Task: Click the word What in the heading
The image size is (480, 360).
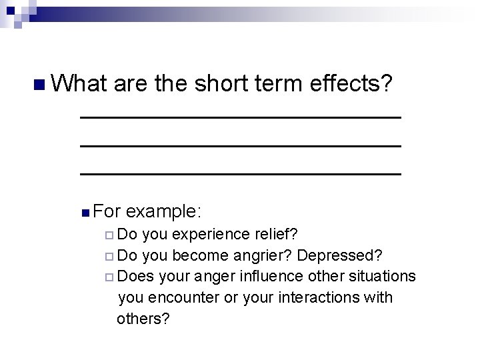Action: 79,84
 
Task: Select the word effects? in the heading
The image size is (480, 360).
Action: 351,84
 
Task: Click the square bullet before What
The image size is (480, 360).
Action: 39,85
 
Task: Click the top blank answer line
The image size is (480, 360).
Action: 240,117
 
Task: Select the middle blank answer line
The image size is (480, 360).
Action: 240,145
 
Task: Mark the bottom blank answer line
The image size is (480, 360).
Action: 240,173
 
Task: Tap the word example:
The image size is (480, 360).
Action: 163,212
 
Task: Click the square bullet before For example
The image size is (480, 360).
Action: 84,213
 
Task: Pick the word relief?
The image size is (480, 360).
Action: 276,235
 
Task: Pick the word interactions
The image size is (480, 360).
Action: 320,297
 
